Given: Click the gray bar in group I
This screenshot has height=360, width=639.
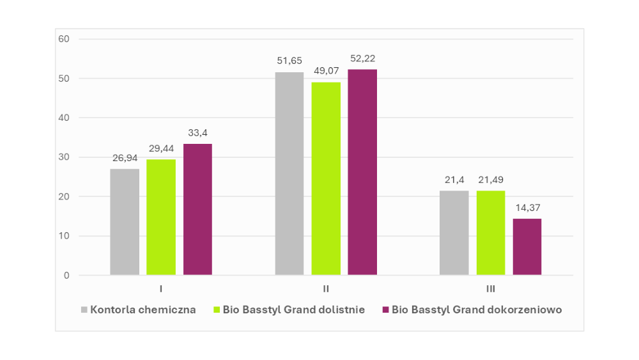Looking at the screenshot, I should click(125, 222).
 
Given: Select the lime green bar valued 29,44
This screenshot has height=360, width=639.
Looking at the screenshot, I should click(161, 217).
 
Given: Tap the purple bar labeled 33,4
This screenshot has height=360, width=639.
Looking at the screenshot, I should click(197, 210).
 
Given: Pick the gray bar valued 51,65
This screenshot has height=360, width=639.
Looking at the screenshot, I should click(289, 174).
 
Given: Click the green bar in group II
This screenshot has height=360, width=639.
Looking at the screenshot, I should click(326, 179).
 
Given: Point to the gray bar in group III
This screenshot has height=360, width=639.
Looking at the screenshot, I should click(454, 233).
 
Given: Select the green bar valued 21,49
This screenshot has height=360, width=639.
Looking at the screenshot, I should click(491, 233).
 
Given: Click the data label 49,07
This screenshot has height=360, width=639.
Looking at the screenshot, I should click(326, 71).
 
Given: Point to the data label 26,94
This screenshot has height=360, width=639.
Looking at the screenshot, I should click(125, 158).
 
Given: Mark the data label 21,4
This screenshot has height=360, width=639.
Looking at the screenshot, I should click(454, 180).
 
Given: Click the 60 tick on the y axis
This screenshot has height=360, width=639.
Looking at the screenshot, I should click(64, 39).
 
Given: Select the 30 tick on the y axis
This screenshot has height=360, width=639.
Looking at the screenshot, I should click(64, 157).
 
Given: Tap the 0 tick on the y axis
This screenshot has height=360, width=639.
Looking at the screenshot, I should click(66, 276).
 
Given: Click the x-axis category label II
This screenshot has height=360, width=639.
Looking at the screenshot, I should click(326, 289).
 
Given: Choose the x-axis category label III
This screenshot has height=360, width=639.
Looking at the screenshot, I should click(491, 289).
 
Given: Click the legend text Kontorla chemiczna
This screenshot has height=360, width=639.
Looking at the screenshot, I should click(143, 310).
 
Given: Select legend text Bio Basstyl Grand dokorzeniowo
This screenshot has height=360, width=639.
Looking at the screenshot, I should click(477, 310).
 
